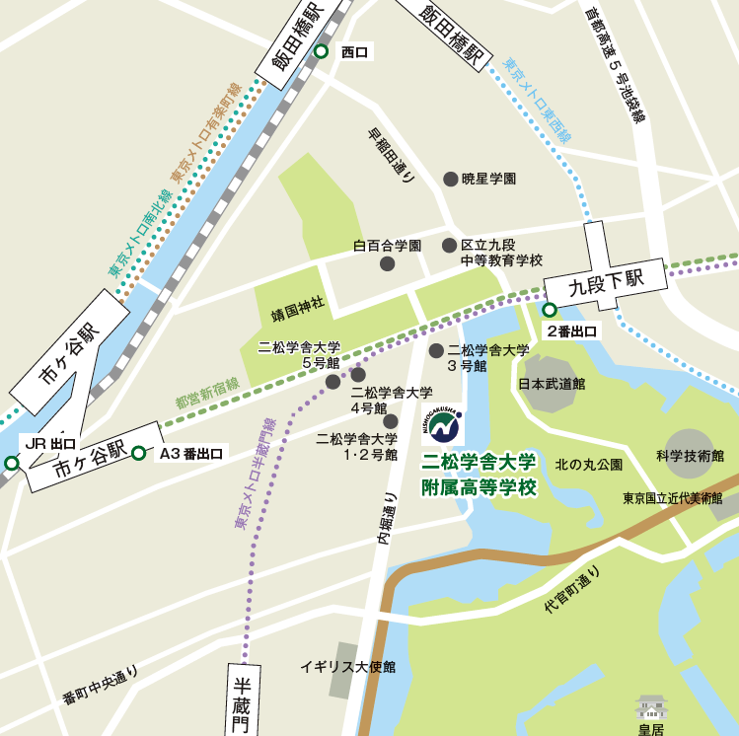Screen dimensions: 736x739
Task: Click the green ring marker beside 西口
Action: (x=320, y=52)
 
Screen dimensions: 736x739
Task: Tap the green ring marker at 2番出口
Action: (x=550, y=310)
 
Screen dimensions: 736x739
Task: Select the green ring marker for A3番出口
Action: (x=139, y=454)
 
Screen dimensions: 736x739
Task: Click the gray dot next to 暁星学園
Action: (x=451, y=179)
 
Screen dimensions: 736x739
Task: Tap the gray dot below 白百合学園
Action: (x=388, y=263)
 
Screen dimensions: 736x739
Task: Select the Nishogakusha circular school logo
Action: (x=442, y=423)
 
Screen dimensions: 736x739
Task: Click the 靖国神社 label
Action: (x=299, y=316)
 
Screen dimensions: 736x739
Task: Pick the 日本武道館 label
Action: (x=551, y=383)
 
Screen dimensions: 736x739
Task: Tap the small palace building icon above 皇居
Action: (x=652, y=706)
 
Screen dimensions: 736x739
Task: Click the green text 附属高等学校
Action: (x=479, y=488)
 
